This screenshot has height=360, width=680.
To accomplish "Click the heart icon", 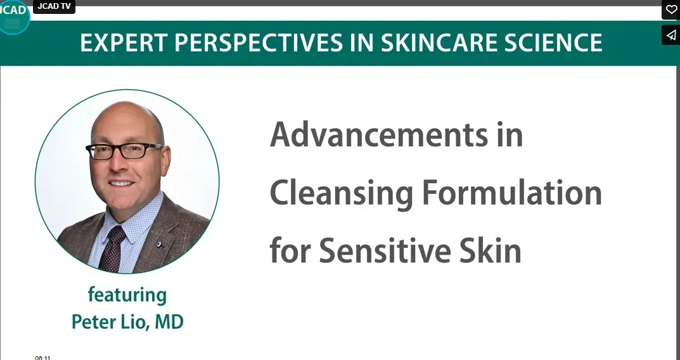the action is [x=671, y=10].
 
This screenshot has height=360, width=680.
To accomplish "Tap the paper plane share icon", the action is [x=671, y=35].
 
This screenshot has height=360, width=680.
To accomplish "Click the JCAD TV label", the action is [x=54, y=6].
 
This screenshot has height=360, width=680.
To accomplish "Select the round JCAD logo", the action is [x=13, y=17].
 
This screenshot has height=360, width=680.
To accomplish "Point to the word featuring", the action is [x=127, y=295].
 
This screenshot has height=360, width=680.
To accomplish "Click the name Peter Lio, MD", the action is [x=127, y=322].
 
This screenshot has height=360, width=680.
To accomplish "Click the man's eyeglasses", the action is [x=124, y=151].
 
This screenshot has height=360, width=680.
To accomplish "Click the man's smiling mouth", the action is [x=121, y=183].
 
